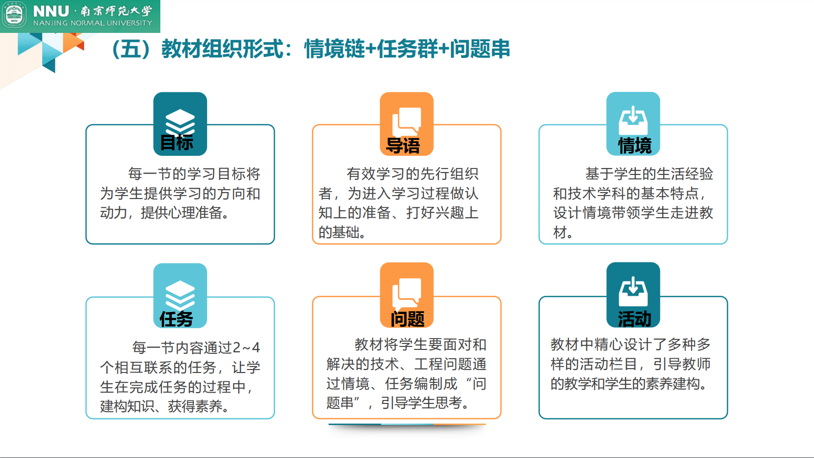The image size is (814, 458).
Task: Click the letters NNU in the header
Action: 51,11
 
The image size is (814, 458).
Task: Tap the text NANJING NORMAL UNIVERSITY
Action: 92,23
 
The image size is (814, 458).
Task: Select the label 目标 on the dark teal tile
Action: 177,143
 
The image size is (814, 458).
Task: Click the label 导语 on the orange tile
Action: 403,145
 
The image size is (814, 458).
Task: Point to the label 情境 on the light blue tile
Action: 634,145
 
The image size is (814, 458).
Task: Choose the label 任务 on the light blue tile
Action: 176,319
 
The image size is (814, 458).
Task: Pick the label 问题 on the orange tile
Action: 407,319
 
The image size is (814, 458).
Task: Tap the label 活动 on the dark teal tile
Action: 634,319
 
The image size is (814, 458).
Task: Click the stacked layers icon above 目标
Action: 180,121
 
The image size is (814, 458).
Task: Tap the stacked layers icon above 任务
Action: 180,294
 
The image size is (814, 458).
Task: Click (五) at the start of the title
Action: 131,49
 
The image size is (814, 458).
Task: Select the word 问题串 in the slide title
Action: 480,49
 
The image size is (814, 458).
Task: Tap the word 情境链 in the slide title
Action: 334,49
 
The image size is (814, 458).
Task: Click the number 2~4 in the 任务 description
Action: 246,347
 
